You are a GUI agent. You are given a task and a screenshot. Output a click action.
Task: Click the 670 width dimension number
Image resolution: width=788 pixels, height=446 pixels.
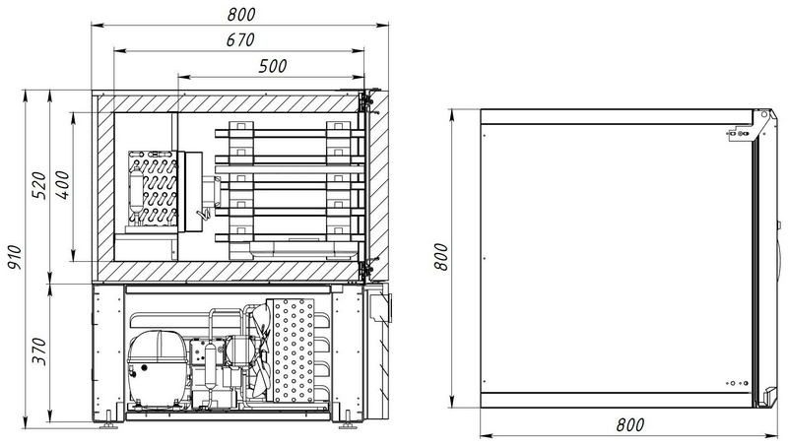tap(240, 39)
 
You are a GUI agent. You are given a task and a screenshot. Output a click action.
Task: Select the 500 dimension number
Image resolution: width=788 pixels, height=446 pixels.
tap(273, 66)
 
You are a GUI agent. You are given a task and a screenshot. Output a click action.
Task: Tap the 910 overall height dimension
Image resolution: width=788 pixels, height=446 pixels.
tap(15, 257)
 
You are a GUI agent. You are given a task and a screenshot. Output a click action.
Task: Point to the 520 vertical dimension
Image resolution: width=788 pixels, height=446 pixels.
tap(39, 185)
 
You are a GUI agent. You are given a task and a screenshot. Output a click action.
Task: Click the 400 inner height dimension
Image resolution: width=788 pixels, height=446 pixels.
tap(63, 185)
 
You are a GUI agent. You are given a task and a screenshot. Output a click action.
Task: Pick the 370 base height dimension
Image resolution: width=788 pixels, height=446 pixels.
tap(39, 351)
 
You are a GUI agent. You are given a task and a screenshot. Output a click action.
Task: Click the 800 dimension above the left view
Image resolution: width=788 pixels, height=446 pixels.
tap(241, 14)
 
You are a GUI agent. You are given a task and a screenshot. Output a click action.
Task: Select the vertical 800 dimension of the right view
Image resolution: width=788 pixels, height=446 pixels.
tap(440, 257)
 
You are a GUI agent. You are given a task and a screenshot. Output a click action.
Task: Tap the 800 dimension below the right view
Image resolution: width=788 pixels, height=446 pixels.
tap(629, 425)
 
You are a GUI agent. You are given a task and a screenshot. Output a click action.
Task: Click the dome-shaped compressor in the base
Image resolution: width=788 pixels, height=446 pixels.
tap(158, 366)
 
